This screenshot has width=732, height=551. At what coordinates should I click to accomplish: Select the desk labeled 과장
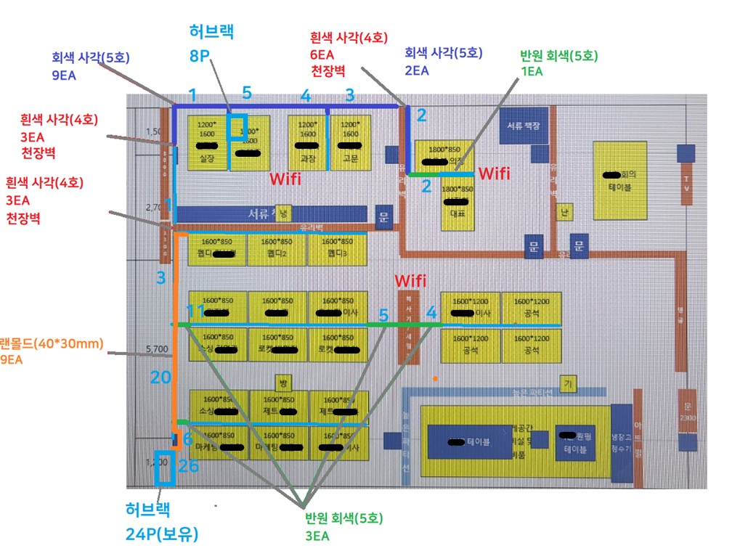(308, 142)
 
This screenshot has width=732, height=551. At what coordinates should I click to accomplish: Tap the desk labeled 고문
(350, 142)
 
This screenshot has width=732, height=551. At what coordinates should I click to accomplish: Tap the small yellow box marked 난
(562, 212)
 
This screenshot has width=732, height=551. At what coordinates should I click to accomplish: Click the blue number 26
(188, 465)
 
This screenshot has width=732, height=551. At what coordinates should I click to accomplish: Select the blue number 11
(195, 311)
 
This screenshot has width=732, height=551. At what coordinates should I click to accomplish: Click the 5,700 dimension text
(157, 349)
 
